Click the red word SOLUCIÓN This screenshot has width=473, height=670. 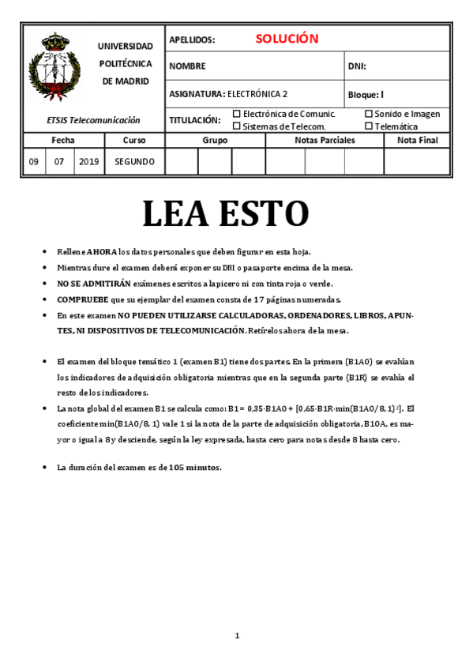tap(287, 39)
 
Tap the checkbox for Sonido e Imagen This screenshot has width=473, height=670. tap(369, 114)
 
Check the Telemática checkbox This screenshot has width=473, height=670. tap(369, 126)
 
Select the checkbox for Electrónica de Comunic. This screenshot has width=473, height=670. tap(236, 114)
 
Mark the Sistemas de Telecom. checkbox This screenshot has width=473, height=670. tap(236, 126)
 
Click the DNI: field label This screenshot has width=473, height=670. tap(357, 66)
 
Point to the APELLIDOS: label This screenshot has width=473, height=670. tap(192, 40)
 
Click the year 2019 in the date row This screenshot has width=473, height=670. tap(89, 162)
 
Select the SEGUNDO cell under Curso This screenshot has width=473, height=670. tap(134, 162)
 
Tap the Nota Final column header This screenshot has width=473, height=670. tap(417, 140)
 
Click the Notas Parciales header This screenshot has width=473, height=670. tap(325, 140)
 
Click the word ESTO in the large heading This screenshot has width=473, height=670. tap(267, 213)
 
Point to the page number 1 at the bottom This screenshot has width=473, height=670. tap(237, 635)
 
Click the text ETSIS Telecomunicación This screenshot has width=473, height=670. tap(93, 120)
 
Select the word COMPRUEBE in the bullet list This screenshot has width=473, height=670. tap(82, 299)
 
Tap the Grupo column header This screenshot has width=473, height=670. tap(215, 140)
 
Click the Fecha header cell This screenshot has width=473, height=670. tap(63, 140)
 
